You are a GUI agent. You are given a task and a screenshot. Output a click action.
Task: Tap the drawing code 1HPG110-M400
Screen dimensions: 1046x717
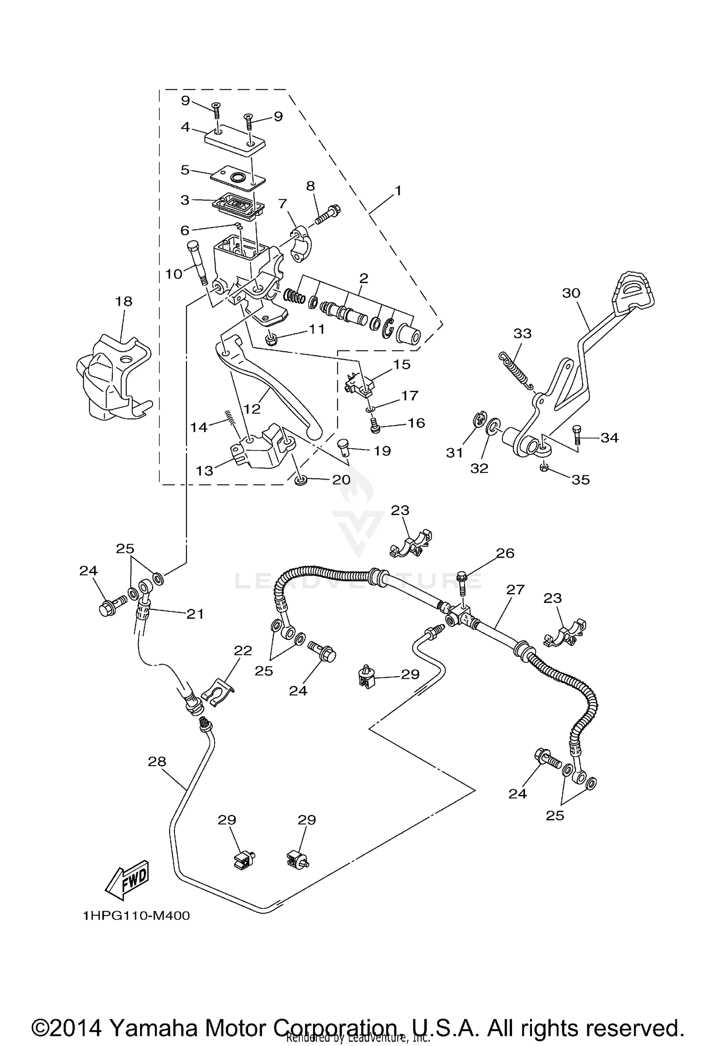coord(136,915)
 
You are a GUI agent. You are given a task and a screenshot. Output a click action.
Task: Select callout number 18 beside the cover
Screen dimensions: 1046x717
coord(123,302)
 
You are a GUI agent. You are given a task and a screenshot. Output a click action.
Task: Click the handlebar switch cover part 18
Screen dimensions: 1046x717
coord(112,378)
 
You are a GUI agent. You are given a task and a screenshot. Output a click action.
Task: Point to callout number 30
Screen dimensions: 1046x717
coord(571,293)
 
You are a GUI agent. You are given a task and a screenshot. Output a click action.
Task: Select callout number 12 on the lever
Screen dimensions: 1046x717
coord(252,408)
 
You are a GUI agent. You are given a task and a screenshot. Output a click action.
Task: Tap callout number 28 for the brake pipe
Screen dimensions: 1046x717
coord(157,761)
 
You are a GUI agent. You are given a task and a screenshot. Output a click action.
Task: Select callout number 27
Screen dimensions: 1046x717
coord(516,590)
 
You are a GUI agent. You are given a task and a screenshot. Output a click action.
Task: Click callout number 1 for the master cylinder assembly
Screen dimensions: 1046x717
coord(398,191)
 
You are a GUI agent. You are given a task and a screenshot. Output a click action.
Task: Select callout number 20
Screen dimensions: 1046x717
coord(341,480)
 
